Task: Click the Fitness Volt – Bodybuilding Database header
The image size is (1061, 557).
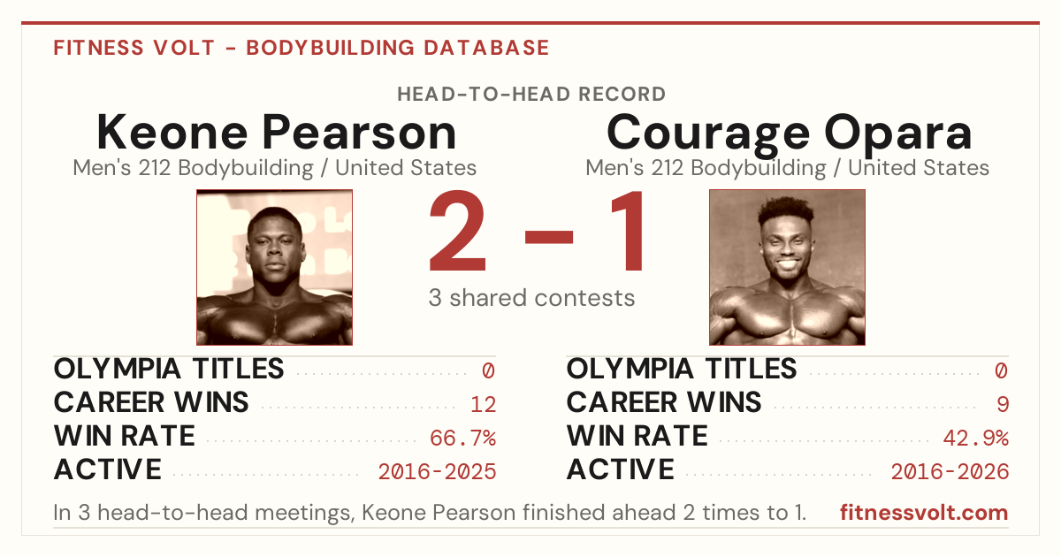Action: click(x=302, y=48)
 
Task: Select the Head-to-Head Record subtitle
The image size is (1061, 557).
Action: click(x=531, y=95)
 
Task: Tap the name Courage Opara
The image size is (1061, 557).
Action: click(x=789, y=134)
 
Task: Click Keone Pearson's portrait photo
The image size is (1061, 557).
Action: click(x=275, y=267)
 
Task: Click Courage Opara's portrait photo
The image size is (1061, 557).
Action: click(x=787, y=267)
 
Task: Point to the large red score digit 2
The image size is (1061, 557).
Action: click(x=458, y=230)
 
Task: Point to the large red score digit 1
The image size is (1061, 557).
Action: click(x=627, y=230)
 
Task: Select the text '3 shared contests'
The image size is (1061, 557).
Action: click(x=531, y=298)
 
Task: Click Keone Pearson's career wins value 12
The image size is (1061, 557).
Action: click(x=483, y=405)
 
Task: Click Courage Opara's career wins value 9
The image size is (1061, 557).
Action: click(x=1003, y=405)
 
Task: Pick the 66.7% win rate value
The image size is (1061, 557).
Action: click(x=462, y=439)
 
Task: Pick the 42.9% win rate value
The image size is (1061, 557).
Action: click(x=976, y=439)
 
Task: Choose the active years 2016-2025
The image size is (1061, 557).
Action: click(x=437, y=472)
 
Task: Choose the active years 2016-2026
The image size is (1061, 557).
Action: click(x=950, y=472)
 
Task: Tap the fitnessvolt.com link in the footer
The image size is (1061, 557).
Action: click(x=924, y=513)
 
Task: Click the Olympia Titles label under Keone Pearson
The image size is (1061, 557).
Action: click(x=169, y=369)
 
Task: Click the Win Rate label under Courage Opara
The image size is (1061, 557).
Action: click(x=637, y=436)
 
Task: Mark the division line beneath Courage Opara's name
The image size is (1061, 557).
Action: click(x=787, y=168)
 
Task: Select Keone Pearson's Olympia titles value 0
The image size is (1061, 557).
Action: click(x=488, y=370)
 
